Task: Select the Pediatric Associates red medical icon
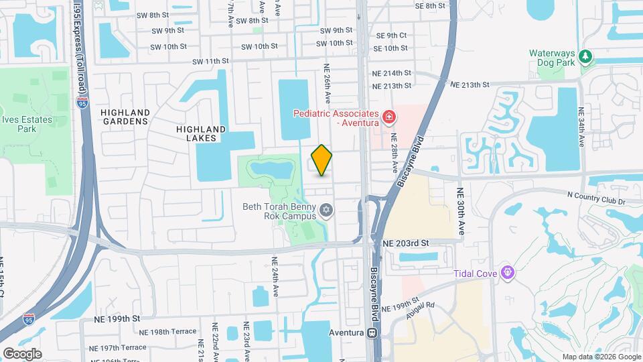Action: [x=388, y=119]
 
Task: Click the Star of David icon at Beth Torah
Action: [x=326, y=211]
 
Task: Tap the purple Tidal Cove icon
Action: [x=508, y=272]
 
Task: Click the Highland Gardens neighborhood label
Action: [x=125, y=117]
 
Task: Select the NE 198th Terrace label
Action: [x=168, y=331]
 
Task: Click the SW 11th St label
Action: [x=211, y=61]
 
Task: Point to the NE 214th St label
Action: [x=392, y=72]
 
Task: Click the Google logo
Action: [x=22, y=353]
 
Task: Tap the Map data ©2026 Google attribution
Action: [x=601, y=357]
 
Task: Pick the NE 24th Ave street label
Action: [x=275, y=276]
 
